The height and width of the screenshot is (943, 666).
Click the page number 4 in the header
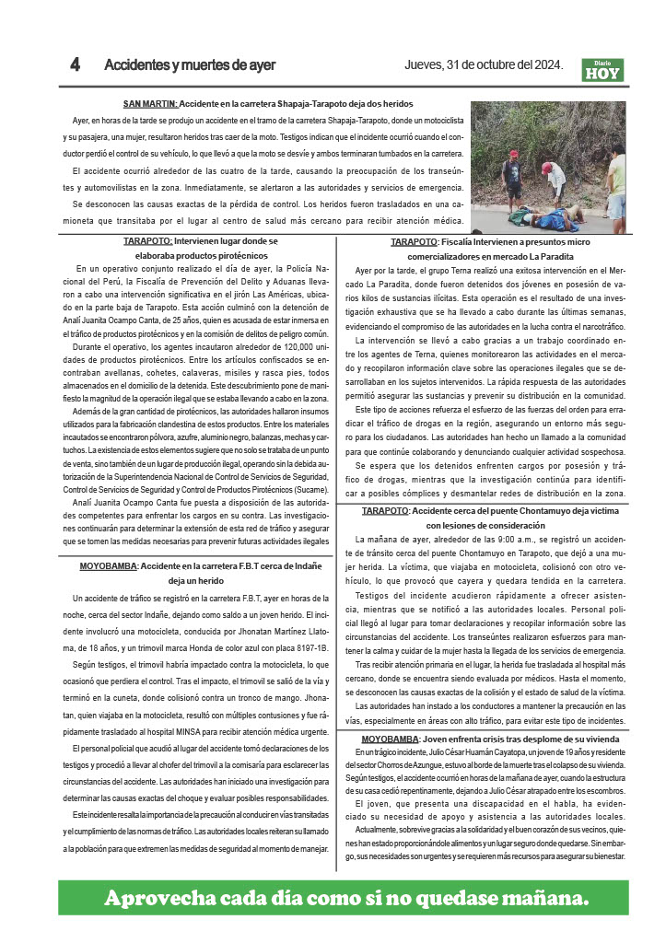(x=76, y=65)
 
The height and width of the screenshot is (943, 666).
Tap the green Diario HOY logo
(x=602, y=70)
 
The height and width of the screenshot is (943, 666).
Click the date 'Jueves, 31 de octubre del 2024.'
(x=484, y=65)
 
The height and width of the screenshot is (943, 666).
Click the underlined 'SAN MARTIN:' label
(x=150, y=104)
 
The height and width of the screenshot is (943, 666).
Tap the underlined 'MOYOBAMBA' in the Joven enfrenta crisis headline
(x=390, y=739)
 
